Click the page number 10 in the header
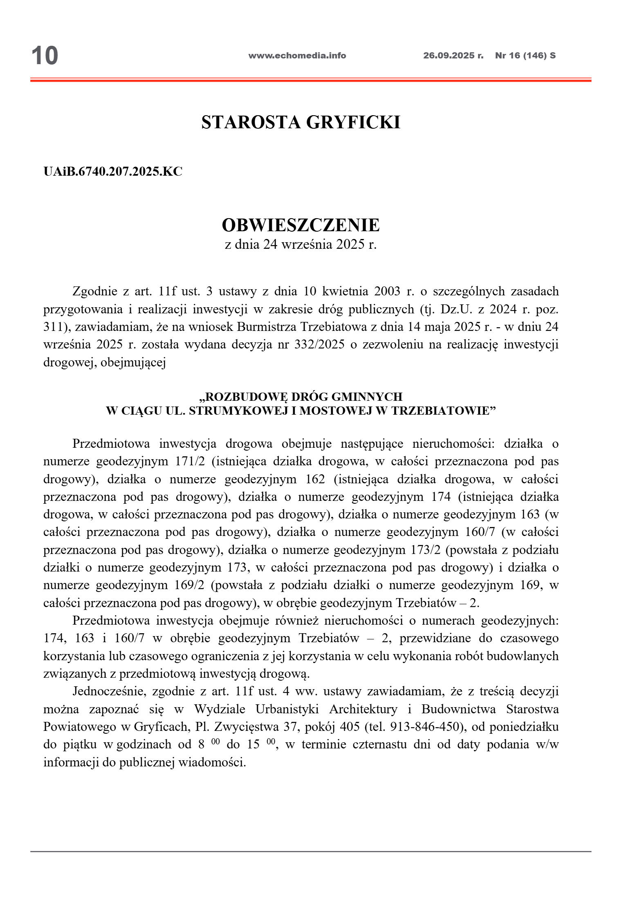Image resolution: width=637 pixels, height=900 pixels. coord(45,56)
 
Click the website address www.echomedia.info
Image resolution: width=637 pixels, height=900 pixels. coord(297,56)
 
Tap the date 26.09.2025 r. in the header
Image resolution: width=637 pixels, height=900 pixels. coord(453,56)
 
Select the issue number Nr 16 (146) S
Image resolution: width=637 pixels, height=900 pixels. coord(525,56)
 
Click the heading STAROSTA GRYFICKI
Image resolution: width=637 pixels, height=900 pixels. coord(301,122)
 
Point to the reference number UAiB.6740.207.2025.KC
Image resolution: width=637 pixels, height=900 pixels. coord(113,172)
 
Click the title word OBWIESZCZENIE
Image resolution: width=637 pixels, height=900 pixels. coord(301,225)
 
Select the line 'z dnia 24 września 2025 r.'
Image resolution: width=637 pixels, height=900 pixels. coord(301,244)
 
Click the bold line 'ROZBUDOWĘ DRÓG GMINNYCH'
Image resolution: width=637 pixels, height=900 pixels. coord(301,397)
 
